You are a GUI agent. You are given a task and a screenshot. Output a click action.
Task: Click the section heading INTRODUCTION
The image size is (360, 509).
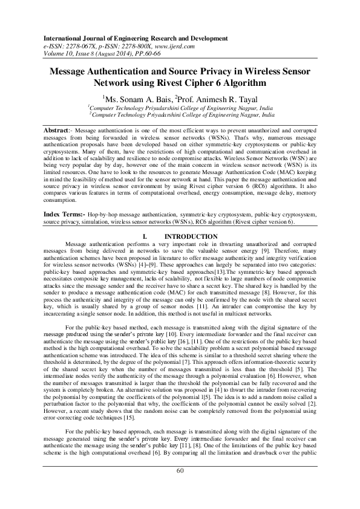191,236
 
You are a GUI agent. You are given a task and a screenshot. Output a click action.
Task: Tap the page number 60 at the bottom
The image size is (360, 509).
180,488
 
